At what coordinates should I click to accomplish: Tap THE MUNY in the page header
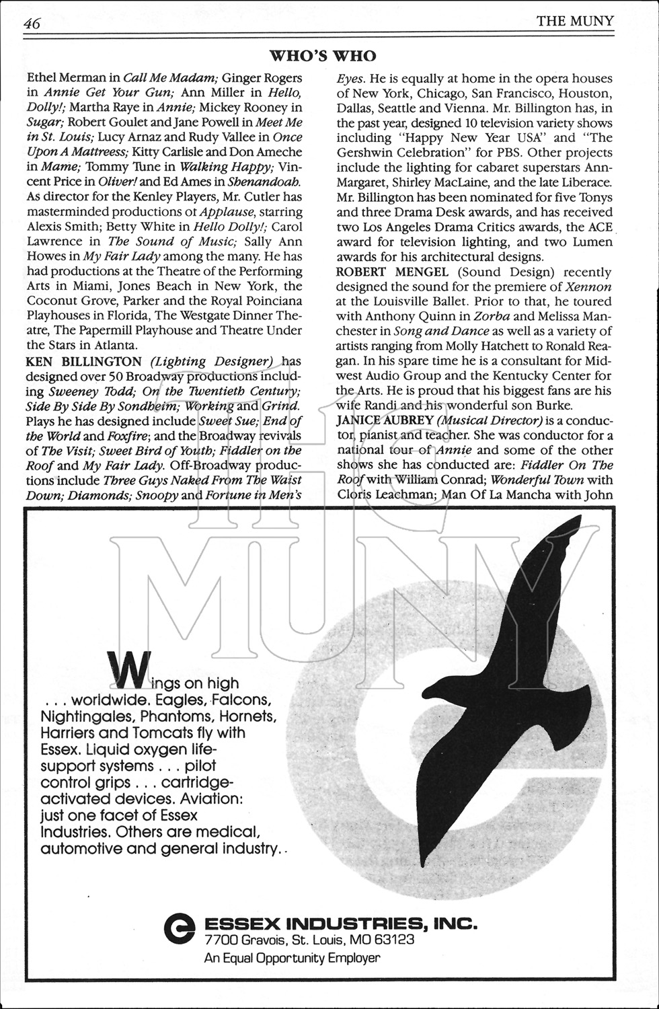point(575,21)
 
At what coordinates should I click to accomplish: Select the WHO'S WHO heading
point(323,56)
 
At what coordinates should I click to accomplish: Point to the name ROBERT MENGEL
point(380,272)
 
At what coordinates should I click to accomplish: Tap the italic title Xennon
point(588,287)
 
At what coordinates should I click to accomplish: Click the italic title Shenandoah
point(264,182)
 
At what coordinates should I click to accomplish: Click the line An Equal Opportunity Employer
point(292,958)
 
